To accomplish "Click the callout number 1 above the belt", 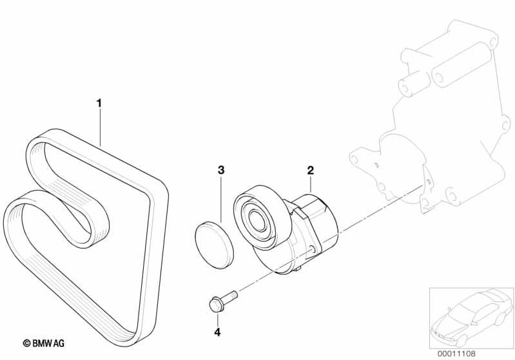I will (99, 102).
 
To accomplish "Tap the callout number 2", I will (310, 170).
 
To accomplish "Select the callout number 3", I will (220, 170).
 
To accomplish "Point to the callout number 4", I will (217, 332).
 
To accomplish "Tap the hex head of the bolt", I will (215, 303).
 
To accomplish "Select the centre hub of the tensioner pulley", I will (256, 218).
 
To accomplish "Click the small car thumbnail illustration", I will (471, 317).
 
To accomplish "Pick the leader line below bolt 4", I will (217, 319).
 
